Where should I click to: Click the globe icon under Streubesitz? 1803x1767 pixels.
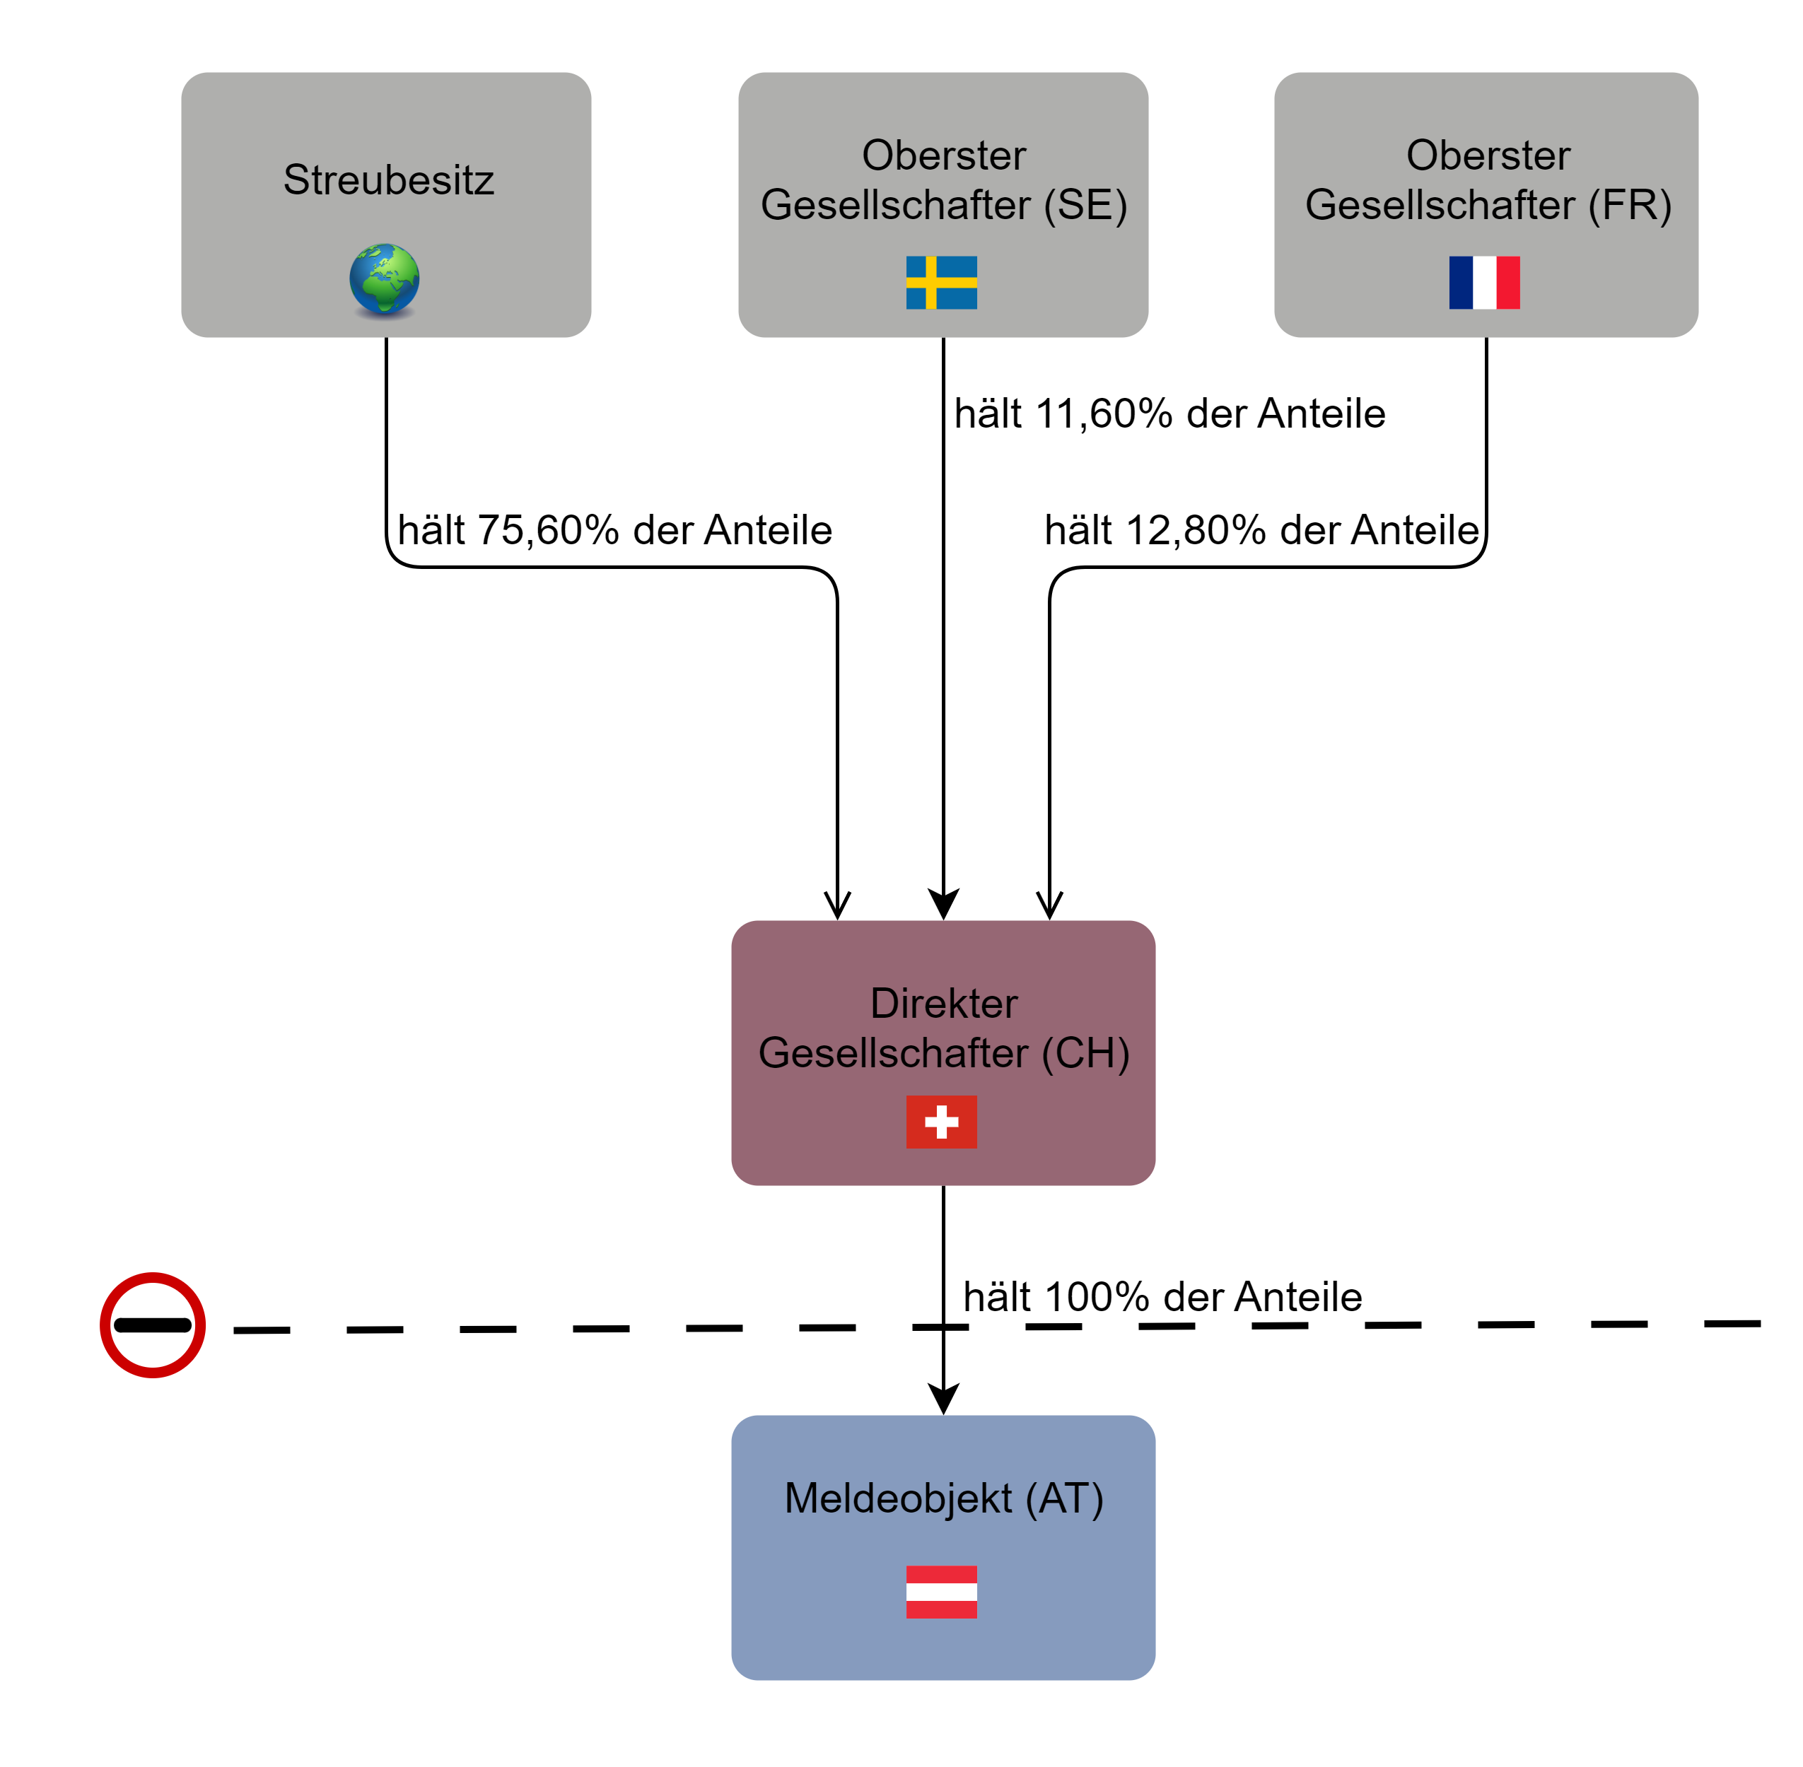pyautogui.click(x=385, y=279)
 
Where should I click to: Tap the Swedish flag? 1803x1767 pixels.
pyautogui.click(x=941, y=282)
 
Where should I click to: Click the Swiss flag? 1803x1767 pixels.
pyautogui.click(x=941, y=1121)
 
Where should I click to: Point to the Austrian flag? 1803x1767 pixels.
pyautogui.click(x=941, y=1592)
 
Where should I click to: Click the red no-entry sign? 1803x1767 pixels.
pyautogui.click(x=152, y=1325)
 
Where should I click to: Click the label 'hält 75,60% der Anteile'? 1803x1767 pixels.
pyautogui.click(x=614, y=530)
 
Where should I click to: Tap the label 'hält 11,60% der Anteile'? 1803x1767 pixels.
pyautogui.click(x=1169, y=414)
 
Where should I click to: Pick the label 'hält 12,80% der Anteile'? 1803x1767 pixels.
pyautogui.click(x=1261, y=530)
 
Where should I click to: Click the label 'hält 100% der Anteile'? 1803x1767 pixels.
pyautogui.click(x=1162, y=1296)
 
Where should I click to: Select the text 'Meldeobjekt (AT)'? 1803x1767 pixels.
pyautogui.click(x=943, y=1498)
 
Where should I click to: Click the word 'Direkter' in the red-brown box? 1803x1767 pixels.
pyautogui.click(x=943, y=1003)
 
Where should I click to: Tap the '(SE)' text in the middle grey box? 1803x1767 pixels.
pyautogui.click(x=1085, y=205)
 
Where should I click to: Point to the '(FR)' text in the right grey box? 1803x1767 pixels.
pyautogui.click(x=1629, y=205)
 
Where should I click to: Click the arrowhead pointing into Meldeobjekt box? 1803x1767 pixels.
pyautogui.click(x=943, y=1399)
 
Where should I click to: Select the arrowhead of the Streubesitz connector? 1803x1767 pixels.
pyautogui.click(x=837, y=904)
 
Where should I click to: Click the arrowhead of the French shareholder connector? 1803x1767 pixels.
pyautogui.click(x=1049, y=904)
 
